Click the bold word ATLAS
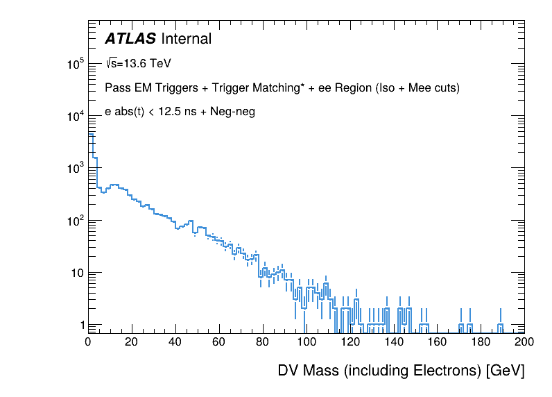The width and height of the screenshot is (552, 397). pyautogui.click(x=130, y=39)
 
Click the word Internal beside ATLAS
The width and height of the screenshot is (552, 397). pyautogui.click(x=185, y=39)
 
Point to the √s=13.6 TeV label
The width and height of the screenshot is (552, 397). pyautogui.click(x=138, y=64)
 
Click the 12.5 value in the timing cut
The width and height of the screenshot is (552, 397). pyautogui.click(x=170, y=112)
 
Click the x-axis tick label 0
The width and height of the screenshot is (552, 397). pyautogui.click(x=88, y=341)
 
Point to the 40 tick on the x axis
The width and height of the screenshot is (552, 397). pyautogui.click(x=175, y=341)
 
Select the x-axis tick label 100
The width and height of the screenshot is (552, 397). pyautogui.click(x=307, y=341)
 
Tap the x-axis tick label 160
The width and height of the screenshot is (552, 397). pyautogui.click(x=438, y=341)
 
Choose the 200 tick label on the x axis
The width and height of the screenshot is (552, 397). pyautogui.click(x=524, y=341)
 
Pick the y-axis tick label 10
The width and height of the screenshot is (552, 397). pyautogui.click(x=76, y=273)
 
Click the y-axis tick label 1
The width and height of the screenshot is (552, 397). pyautogui.click(x=81, y=325)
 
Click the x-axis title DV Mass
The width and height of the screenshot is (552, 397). pyautogui.click(x=309, y=371)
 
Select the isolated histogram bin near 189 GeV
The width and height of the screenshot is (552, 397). pyautogui.click(x=500, y=326)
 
